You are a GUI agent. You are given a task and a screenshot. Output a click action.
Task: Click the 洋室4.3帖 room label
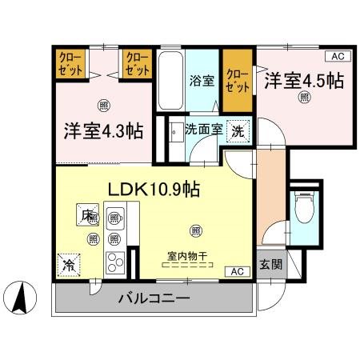coord(103,130)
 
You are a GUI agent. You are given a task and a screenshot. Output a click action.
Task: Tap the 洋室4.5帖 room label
coord(305,80)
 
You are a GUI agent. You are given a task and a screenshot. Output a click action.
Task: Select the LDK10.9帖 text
coord(154,190)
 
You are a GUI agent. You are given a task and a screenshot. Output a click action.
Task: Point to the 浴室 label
coord(200,80)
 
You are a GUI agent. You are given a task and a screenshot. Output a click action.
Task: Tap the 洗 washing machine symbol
coord(238,130)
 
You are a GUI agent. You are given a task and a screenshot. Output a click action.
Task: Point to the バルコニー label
coord(154,299)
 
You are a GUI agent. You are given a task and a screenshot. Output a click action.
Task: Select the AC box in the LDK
coord(238,271)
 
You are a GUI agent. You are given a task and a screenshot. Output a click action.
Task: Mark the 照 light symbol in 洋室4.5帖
coord(305,98)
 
